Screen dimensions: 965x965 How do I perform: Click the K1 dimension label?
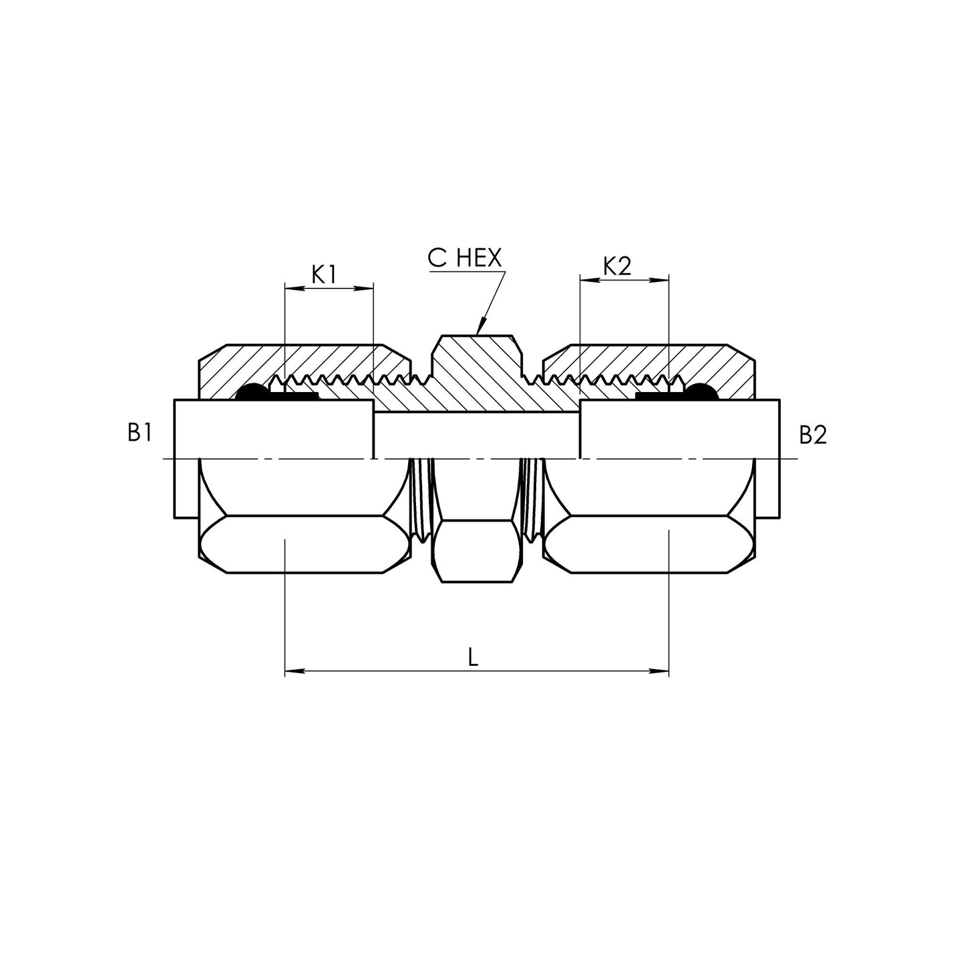point(323,275)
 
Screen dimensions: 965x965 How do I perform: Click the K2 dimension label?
point(617,267)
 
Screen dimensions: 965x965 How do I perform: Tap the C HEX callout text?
point(464,258)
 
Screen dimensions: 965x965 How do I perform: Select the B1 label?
point(140,433)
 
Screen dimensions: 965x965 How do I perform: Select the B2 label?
point(813,435)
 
